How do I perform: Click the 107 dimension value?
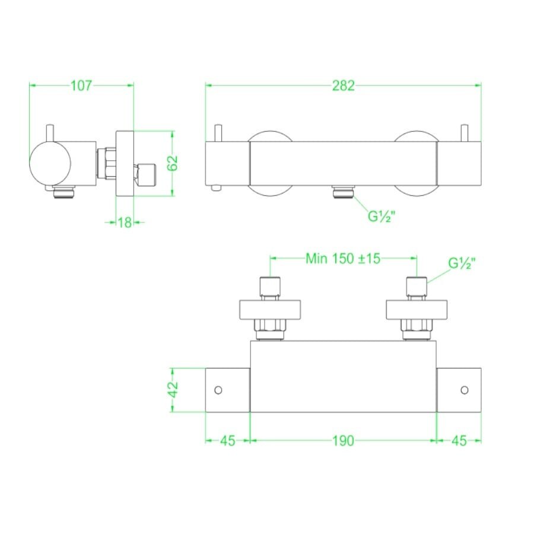tap(81, 85)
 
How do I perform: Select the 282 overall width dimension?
tap(343, 85)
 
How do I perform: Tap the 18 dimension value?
tap(125, 223)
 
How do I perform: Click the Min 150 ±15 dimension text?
tap(343, 258)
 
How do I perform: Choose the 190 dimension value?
tap(343, 440)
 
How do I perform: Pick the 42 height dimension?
tap(172, 389)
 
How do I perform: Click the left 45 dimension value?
tap(227, 440)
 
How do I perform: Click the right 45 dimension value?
tap(459, 440)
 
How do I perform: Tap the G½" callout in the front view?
tap(382, 216)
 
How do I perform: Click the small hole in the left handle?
tap(218, 390)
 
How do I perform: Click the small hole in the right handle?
tap(465, 390)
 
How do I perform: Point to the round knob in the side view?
tap(50, 163)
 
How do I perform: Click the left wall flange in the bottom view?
tap(272, 309)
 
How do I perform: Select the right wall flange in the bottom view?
tap(417, 309)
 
